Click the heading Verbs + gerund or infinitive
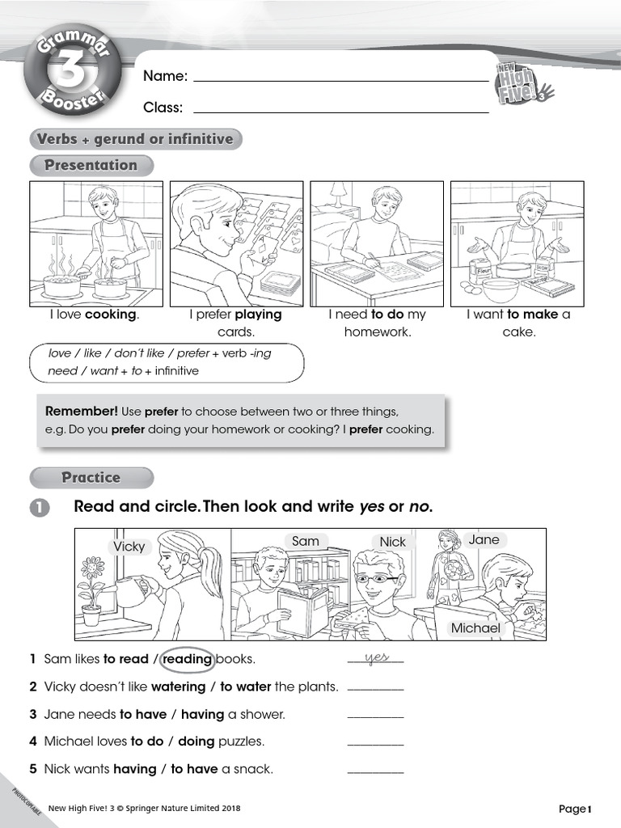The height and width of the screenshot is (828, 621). click(x=134, y=139)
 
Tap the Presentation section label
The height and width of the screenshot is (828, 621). click(x=91, y=166)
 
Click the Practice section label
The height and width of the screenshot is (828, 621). click(x=91, y=478)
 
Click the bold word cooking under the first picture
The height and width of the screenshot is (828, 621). click(x=112, y=315)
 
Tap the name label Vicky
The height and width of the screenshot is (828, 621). click(x=129, y=547)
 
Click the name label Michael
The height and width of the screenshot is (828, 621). click(x=475, y=627)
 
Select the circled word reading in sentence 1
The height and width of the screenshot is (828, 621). click(x=188, y=659)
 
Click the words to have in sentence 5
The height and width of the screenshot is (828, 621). click(x=193, y=769)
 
